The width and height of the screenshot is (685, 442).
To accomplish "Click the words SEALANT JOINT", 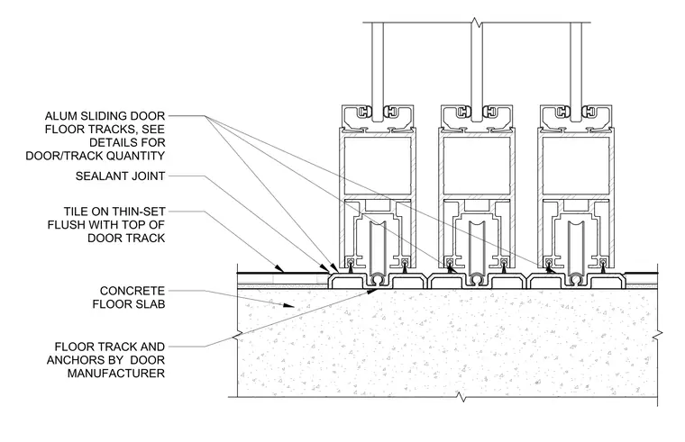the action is click(x=120, y=176).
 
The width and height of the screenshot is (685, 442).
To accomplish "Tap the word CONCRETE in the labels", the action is click(x=132, y=291).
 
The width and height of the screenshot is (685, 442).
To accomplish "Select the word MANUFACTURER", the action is click(x=116, y=374).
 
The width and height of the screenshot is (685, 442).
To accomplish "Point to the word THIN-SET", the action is click(x=140, y=212).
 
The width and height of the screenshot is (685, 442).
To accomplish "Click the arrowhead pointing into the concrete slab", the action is click(x=288, y=305).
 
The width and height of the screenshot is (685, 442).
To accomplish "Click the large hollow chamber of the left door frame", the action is click(x=378, y=165).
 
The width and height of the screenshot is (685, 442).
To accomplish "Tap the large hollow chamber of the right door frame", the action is click(x=576, y=165).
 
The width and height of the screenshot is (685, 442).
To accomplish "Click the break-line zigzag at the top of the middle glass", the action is click(x=476, y=23).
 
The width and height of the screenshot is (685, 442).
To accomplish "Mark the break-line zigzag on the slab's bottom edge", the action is click(x=461, y=397).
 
